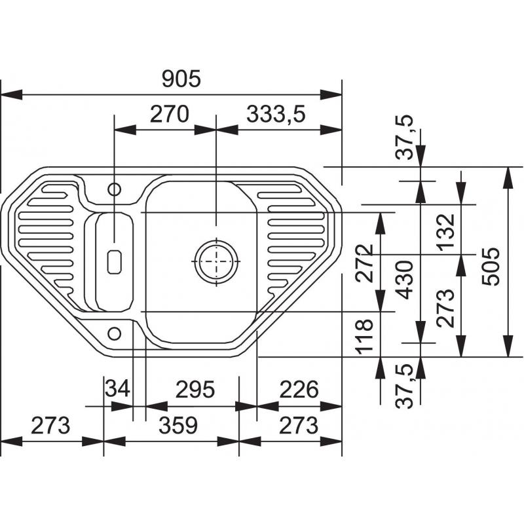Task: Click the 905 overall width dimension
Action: [x=181, y=79]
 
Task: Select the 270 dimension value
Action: [x=170, y=114]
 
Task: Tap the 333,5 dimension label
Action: [x=276, y=115]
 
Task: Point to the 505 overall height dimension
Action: [x=491, y=267]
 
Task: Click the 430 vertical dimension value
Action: [x=404, y=280]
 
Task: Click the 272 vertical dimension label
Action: [x=364, y=263]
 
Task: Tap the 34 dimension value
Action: [x=117, y=389]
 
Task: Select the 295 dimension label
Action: [x=195, y=389]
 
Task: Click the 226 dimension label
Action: [x=299, y=389]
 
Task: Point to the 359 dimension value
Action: [x=178, y=425]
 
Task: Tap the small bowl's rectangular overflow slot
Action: [x=114, y=262]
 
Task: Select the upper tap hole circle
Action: [x=114, y=189]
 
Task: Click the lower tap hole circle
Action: [x=114, y=333]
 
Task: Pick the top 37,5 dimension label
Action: [x=404, y=138]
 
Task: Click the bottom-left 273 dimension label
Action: [x=50, y=425]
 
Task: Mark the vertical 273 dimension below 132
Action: [x=445, y=308]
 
